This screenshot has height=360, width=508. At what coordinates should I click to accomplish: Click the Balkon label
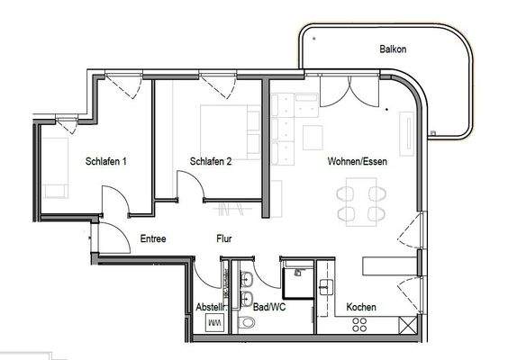click(x=393, y=50)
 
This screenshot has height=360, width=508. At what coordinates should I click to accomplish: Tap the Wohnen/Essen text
click(x=358, y=161)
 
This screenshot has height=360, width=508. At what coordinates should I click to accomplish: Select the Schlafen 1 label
click(x=105, y=162)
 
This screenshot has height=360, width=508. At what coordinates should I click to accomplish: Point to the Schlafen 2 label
click(x=212, y=162)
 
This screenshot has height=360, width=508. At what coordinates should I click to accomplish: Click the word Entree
click(x=154, y=239)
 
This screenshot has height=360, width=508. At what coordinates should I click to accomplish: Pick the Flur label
click(x=224, y=239)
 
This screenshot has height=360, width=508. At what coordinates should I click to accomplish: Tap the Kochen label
click(x=361, y=307)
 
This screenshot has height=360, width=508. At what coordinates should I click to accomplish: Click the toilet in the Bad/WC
click(x=247, y=323)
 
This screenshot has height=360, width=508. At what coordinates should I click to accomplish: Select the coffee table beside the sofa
click(x=313, y=137)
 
